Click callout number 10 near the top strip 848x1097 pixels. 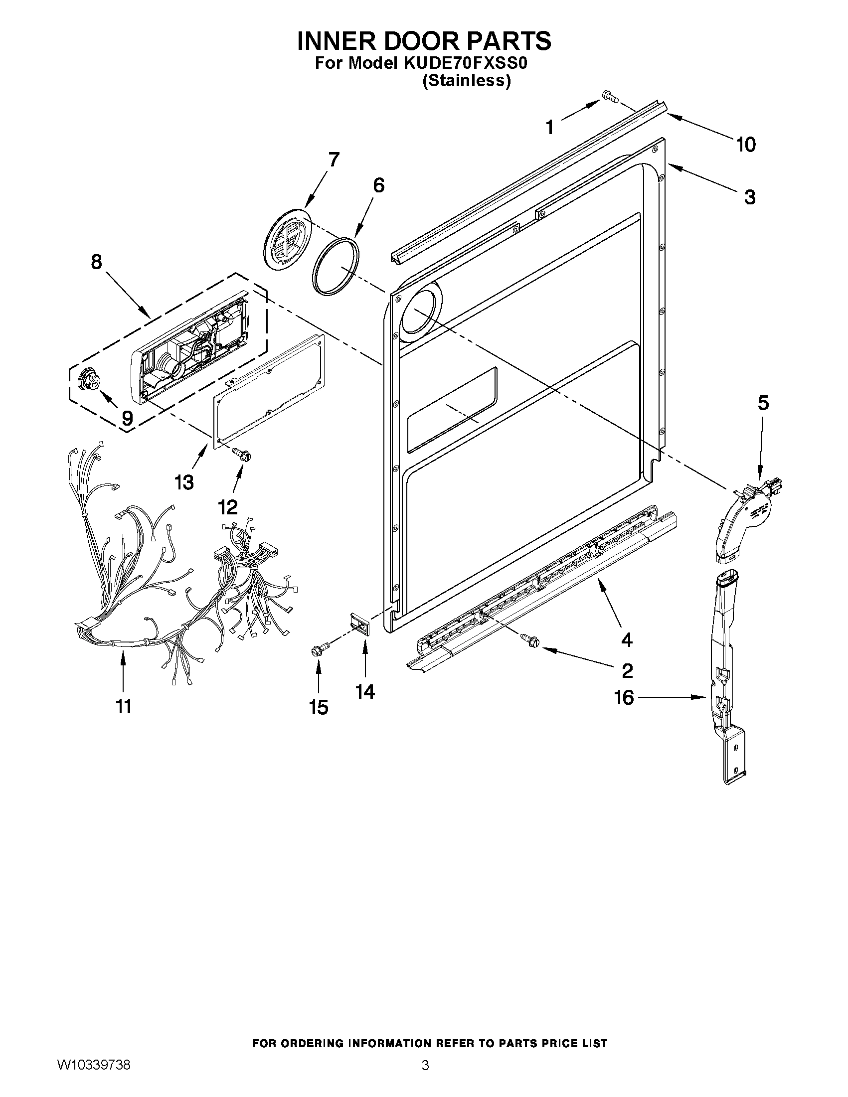tap(745, 145)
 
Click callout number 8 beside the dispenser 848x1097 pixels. tap(96, 262)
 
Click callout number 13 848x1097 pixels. tap(184, 482)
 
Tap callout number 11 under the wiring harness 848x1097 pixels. tap(124, 706)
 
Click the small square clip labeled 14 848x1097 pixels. tap(361, 625)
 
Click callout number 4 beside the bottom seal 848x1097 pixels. tap(627, 640)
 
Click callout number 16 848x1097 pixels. tap(625, 697)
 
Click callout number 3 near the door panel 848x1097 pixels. tap(749, 197)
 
